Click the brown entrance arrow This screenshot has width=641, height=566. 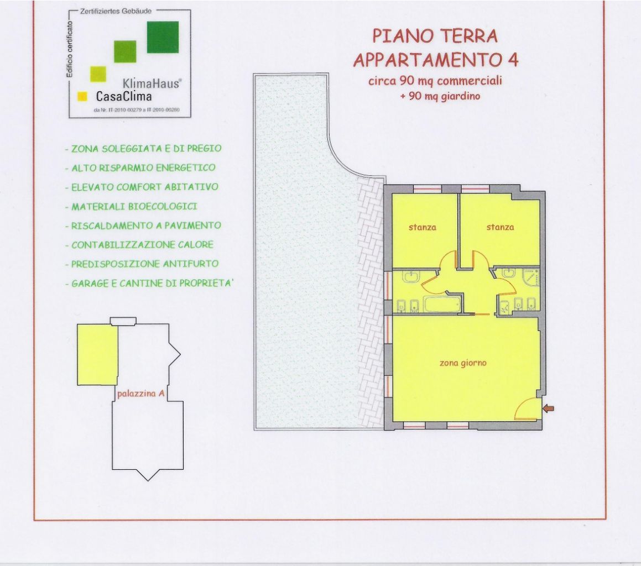[x=549, y=408]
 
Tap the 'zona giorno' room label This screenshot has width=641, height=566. [x=463, y=363]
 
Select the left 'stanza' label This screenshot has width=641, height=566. [x=423, y=227]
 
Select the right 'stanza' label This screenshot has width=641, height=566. [x=500, y=227]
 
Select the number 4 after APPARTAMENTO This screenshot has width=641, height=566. [x=512, y=59]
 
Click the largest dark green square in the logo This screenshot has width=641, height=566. [x=163, y=37]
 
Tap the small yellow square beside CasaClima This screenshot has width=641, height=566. [x=82, y=96]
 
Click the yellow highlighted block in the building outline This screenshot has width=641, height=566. [x=97, y=355]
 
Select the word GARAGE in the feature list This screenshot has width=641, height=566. [x=90, y=284]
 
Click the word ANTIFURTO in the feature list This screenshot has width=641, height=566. [x=191, y=264]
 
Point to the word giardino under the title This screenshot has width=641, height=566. [x=460, y=96]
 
